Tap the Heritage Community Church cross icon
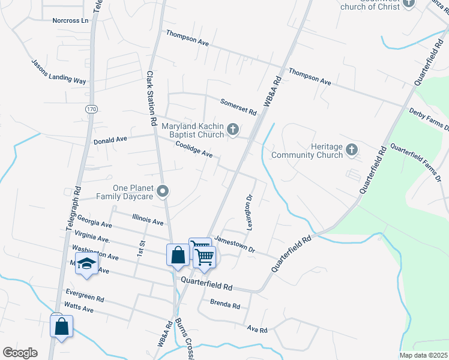[352, 149]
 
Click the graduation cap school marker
[87, 264]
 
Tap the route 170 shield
[91, 109]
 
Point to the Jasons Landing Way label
[59, 71]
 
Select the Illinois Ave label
[147, 219]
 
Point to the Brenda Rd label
[225, 304]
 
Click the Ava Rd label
[256, 329]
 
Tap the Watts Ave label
[79, 308]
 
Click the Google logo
[20, 353]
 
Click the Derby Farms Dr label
[429, 119]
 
